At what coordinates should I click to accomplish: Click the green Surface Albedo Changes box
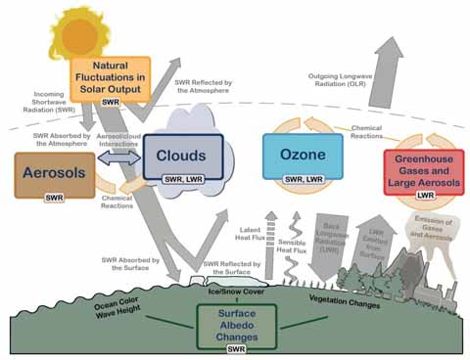point(235,323)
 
